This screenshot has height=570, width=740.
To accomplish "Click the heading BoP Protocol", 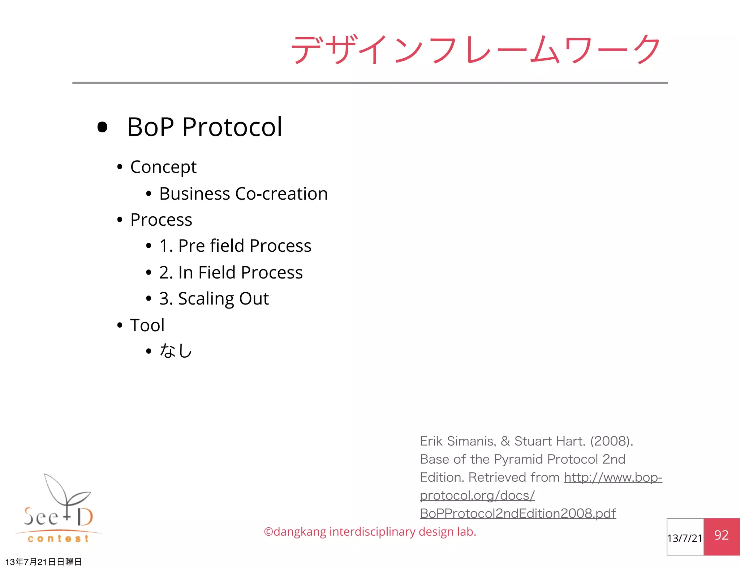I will click(x=205, y=127).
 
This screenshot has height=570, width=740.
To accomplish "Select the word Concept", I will click(x=163, y=167).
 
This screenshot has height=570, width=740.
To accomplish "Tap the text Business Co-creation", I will click(x=243, y=194).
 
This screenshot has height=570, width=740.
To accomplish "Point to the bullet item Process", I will click(x=161, y=220).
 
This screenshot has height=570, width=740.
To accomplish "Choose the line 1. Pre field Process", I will click(x=235, y=246).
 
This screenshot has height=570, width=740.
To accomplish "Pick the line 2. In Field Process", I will click(x=231, y=272).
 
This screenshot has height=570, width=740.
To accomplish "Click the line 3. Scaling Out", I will click(x=214, y=299).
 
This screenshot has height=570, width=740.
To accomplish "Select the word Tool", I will click(x=147, y=325).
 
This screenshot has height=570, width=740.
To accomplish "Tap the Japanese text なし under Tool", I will click(x=176, y=351).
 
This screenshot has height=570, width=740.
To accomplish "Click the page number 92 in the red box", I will click(x=721, y=535).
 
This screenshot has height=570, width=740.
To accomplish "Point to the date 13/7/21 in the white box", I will click(x=685, y=538).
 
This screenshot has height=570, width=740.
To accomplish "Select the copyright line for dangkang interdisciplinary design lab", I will click(x=370, y=532).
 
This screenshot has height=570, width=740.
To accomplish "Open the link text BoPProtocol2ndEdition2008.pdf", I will click(x=517, y=514).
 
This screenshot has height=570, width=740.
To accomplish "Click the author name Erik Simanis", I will click(x=458, y=441).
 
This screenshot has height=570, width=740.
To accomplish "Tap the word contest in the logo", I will click(x=58, y=539).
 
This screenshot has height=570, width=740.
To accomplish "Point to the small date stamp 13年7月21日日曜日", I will click(x=43, y=562).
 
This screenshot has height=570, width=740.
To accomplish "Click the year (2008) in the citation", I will click(x=611, y=441).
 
